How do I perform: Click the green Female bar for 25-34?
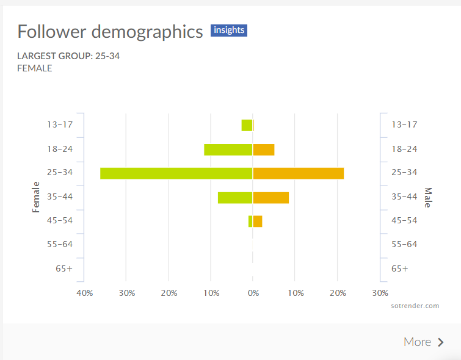pos(176,173)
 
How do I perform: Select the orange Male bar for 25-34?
pos(299,173)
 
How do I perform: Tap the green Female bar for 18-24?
pos(228,149)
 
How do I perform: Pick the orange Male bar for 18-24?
pos(264,149)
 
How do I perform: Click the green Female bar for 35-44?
pos(235,197)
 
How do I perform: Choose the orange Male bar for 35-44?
pos(271,197)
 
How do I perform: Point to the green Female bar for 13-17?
pos(247,125)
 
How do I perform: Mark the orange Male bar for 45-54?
pos(258,221)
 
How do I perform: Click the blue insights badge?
pos(229,31)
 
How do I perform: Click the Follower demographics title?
pos(110,32)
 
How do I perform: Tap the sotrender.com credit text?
pos(415,306)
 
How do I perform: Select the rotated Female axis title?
pos(35,196)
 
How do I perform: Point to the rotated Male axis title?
pos(427,197)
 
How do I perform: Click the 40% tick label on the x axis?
pos(85,293)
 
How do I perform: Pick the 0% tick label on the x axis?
pos(253,293)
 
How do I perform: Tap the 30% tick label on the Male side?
pos(380,293)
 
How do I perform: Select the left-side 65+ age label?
pos(64,268)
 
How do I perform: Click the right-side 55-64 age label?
pos(404,244)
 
